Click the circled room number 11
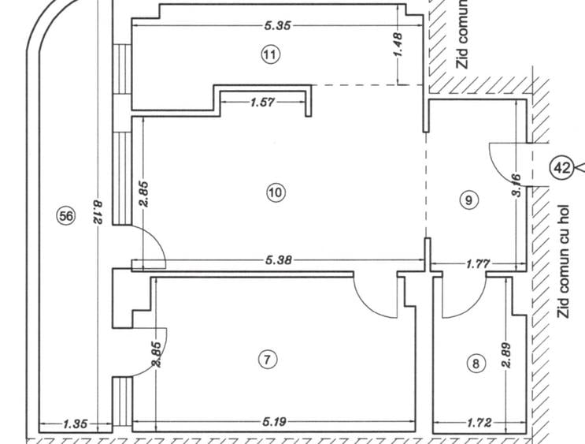pyautogui.click(x=270, y=54)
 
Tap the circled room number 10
pyautogui.click(x=276, y=193)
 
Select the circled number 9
pyautogui.click(x=468, y=200)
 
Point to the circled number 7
pyautogui.click(x=268, y=360)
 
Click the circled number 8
pyautogui.click(x=476, y=364)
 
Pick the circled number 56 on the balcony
pyautogui.click(x=66, y=215)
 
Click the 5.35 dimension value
pyautogui.click(x=277, y=26)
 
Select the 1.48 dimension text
pyautogui.click(x=398, y=45)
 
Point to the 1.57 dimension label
pyautogui.click(x=263, y=102)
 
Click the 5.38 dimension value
pyautogui.click(x=278, y=259)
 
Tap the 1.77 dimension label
pyautogui.click(x=478, y=264)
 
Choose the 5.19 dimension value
pyautogui.click(x=274, y=422)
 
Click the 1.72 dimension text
pyautogui.click(x=479, y=423)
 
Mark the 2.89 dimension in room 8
pyautogui.click(x=506, y=355)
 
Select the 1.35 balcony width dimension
pyautogui.click(x=76, y=424)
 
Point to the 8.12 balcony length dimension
pyautogui.click(x=98, y=212)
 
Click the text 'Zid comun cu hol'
pyautogui.click(x=564, y=261)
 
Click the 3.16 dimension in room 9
pyautogui.click(x=517, y=185)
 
